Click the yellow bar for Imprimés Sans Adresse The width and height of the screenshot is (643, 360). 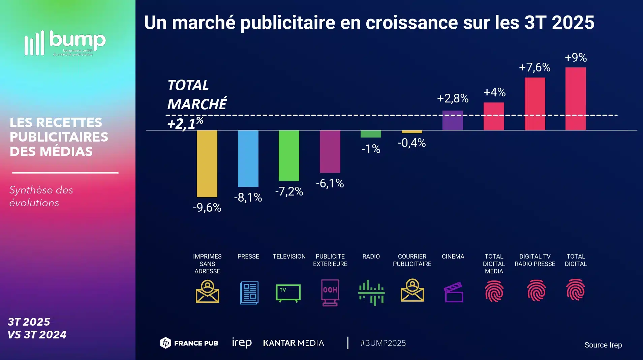207,163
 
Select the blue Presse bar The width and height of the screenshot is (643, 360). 248,158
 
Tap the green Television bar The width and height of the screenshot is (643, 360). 289,155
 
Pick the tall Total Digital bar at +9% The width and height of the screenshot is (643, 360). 576,98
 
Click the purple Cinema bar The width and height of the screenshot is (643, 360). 453,120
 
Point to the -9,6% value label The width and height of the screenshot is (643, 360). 207,208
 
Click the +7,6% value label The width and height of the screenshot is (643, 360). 534,67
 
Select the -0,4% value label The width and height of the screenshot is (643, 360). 412,143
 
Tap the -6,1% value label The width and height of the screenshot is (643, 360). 330,183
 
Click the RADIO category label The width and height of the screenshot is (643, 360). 371,257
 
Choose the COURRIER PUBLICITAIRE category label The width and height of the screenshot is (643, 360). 412,260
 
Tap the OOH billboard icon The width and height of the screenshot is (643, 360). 330,292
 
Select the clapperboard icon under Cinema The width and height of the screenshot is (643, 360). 454,292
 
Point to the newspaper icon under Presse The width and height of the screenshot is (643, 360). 249,292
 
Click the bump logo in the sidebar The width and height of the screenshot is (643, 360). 65,43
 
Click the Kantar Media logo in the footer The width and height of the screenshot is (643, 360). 294,343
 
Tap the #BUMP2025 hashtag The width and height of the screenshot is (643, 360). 383,343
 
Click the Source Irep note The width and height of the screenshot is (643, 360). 603,345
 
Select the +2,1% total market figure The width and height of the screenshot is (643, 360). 185,124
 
